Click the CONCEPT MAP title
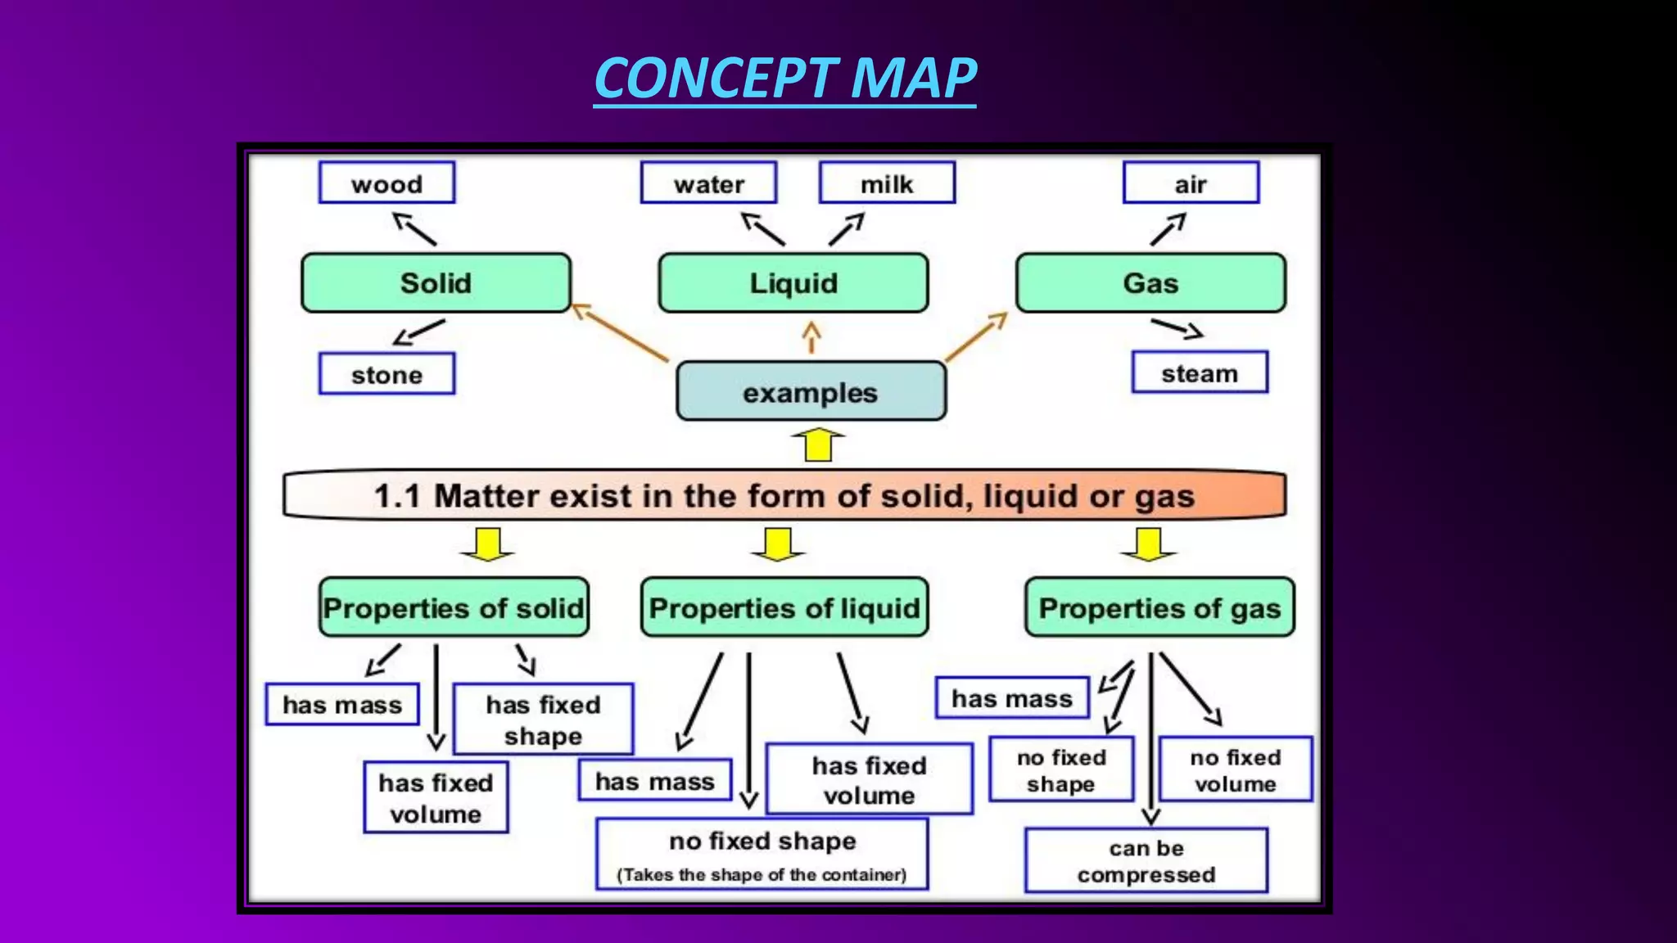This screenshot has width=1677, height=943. (784, 79)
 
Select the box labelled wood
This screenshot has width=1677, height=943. (386, 183)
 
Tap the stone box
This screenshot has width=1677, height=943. (386, 374)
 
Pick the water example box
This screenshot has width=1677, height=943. (708, 183)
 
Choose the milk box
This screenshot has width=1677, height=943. (887, 183)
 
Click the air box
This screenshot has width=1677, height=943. (1191, 183)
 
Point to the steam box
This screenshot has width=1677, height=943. (1200, 372)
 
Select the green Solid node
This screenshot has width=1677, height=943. (436, 283)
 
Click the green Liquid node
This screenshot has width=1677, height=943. (793, 283)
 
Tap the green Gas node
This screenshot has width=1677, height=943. (1150, 283)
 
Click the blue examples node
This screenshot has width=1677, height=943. (811, 392)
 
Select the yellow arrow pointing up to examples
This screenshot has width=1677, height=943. (818, 444)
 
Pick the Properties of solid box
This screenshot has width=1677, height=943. (454, 607)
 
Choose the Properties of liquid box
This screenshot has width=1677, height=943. (784, 607)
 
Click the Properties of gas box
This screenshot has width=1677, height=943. (1159, 607)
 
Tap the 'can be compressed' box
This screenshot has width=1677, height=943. (1146, 860)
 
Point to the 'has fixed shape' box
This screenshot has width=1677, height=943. (543, 719)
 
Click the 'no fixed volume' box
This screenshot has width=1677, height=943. (1235, 769)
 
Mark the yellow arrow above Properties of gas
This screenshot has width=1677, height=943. (1149, 544)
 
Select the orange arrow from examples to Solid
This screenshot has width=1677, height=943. (620, 333)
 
